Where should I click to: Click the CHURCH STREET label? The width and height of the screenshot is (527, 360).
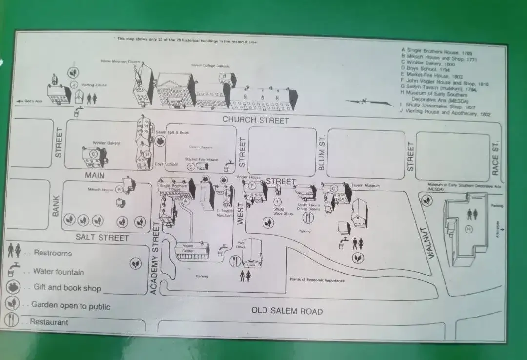pos(256,120)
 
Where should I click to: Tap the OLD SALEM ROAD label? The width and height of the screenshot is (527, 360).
pos(286,311)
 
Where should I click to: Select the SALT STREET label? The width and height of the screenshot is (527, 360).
pos(102,238)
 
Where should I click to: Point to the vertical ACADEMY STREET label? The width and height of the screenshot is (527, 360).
pos(155,258)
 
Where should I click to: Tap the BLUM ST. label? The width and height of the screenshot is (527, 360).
pos(322,153)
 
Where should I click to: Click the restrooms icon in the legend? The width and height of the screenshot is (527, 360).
pos(14,251)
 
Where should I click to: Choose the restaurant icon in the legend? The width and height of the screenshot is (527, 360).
pos(12,320)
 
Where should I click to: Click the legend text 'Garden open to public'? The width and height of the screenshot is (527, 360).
pos(71,306)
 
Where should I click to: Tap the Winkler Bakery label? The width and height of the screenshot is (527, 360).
pos(106,143)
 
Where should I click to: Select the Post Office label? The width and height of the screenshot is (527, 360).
pos(240,245)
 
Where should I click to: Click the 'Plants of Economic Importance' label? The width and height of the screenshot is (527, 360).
pos(317,280)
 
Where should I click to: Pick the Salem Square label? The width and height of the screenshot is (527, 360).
pos(201,147)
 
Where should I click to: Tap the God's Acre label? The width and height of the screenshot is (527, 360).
pos(34,101)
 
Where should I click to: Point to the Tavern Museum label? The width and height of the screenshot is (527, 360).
pos(365,186)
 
